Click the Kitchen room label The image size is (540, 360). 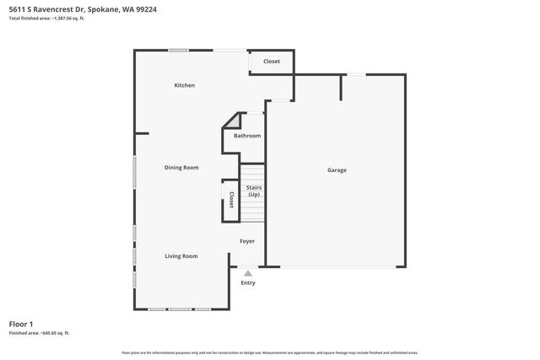tap(185, 85)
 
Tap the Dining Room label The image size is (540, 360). tap(181, 168)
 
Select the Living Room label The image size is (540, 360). tap(181, 256)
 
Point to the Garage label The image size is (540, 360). tap(337, 170)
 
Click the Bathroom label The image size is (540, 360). tap(247, 136)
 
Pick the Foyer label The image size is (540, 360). tap(246, 241)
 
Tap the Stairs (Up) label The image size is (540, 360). tap(254, 191)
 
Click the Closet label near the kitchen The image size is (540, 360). tap(272, 62)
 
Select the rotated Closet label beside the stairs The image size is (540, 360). tap(231, 201)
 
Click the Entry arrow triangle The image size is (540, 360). tap(247, 272)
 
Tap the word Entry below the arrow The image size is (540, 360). tap(248, 282)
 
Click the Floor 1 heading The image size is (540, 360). tap(21, 324)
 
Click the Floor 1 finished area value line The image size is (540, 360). tap(39, 333)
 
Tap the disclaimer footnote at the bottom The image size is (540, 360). tap(269, 352)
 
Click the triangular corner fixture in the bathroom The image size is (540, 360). tap(229, 122)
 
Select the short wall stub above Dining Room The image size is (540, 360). tap(142, 133)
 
